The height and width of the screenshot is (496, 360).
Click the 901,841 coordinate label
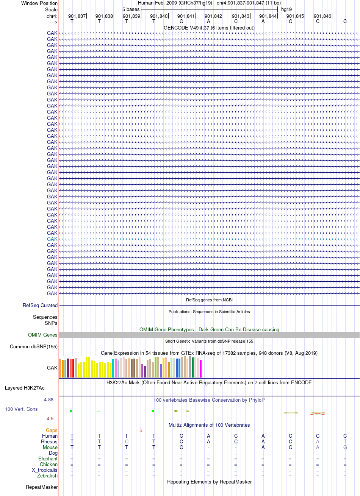pos(186,16)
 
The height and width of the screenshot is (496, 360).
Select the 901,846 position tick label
pos(322,16)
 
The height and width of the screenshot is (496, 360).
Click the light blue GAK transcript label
pos(52,239)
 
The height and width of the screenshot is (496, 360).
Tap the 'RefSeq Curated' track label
pos(40,305)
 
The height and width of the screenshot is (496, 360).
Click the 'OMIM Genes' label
pos(42,335)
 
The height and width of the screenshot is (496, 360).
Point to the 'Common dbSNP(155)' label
pos(33,347)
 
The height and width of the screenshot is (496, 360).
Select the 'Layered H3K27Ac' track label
pos(25,388)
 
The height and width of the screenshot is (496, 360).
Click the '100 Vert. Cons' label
pos(21,409)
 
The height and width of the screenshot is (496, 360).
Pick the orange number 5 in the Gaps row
pos(141,430)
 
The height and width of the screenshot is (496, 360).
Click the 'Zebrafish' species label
pos(47,476)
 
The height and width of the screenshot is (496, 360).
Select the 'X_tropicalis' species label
pos(45,470)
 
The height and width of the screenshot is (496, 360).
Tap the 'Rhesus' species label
pos(49,441)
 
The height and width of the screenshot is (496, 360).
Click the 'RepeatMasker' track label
pos(42,487)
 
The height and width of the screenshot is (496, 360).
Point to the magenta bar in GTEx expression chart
pos(200,368)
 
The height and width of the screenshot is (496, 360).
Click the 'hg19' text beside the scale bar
pos(286,9)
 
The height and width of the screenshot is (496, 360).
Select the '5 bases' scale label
pos(131,9)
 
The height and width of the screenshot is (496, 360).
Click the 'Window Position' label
pos(39,3)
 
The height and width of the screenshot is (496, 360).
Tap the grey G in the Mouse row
pos(345,447)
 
